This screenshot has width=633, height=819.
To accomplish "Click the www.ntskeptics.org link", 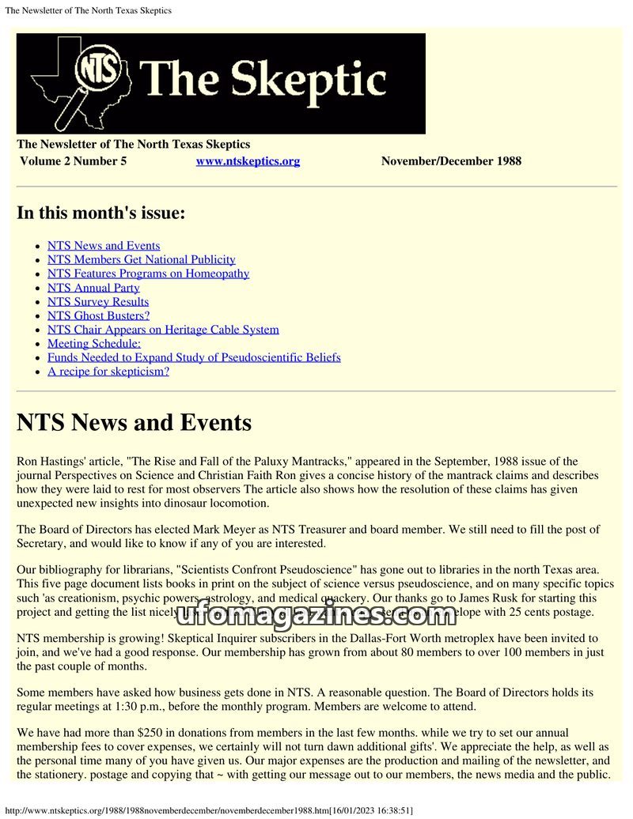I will [248, 161].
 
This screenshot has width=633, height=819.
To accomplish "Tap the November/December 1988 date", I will [451, 161].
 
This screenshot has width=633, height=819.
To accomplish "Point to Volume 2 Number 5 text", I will [73, 161].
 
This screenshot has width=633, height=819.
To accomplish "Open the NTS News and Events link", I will [104, 246].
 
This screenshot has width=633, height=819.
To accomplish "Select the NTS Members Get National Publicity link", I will [141, 259].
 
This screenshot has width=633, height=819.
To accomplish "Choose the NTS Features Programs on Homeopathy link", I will [148, 274].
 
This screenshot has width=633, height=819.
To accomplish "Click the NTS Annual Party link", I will [93, 288].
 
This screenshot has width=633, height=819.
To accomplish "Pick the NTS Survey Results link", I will [98, 302].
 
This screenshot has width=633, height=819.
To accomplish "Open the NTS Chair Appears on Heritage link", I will [163, 330].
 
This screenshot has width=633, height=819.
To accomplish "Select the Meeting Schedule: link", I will [94, 343].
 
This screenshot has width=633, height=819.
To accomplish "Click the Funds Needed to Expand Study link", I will [194, 357].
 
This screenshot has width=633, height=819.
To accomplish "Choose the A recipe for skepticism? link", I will [108, 372].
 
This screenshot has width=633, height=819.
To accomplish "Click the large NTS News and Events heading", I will [134, 423].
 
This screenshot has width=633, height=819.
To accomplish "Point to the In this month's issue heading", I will [100, 213].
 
